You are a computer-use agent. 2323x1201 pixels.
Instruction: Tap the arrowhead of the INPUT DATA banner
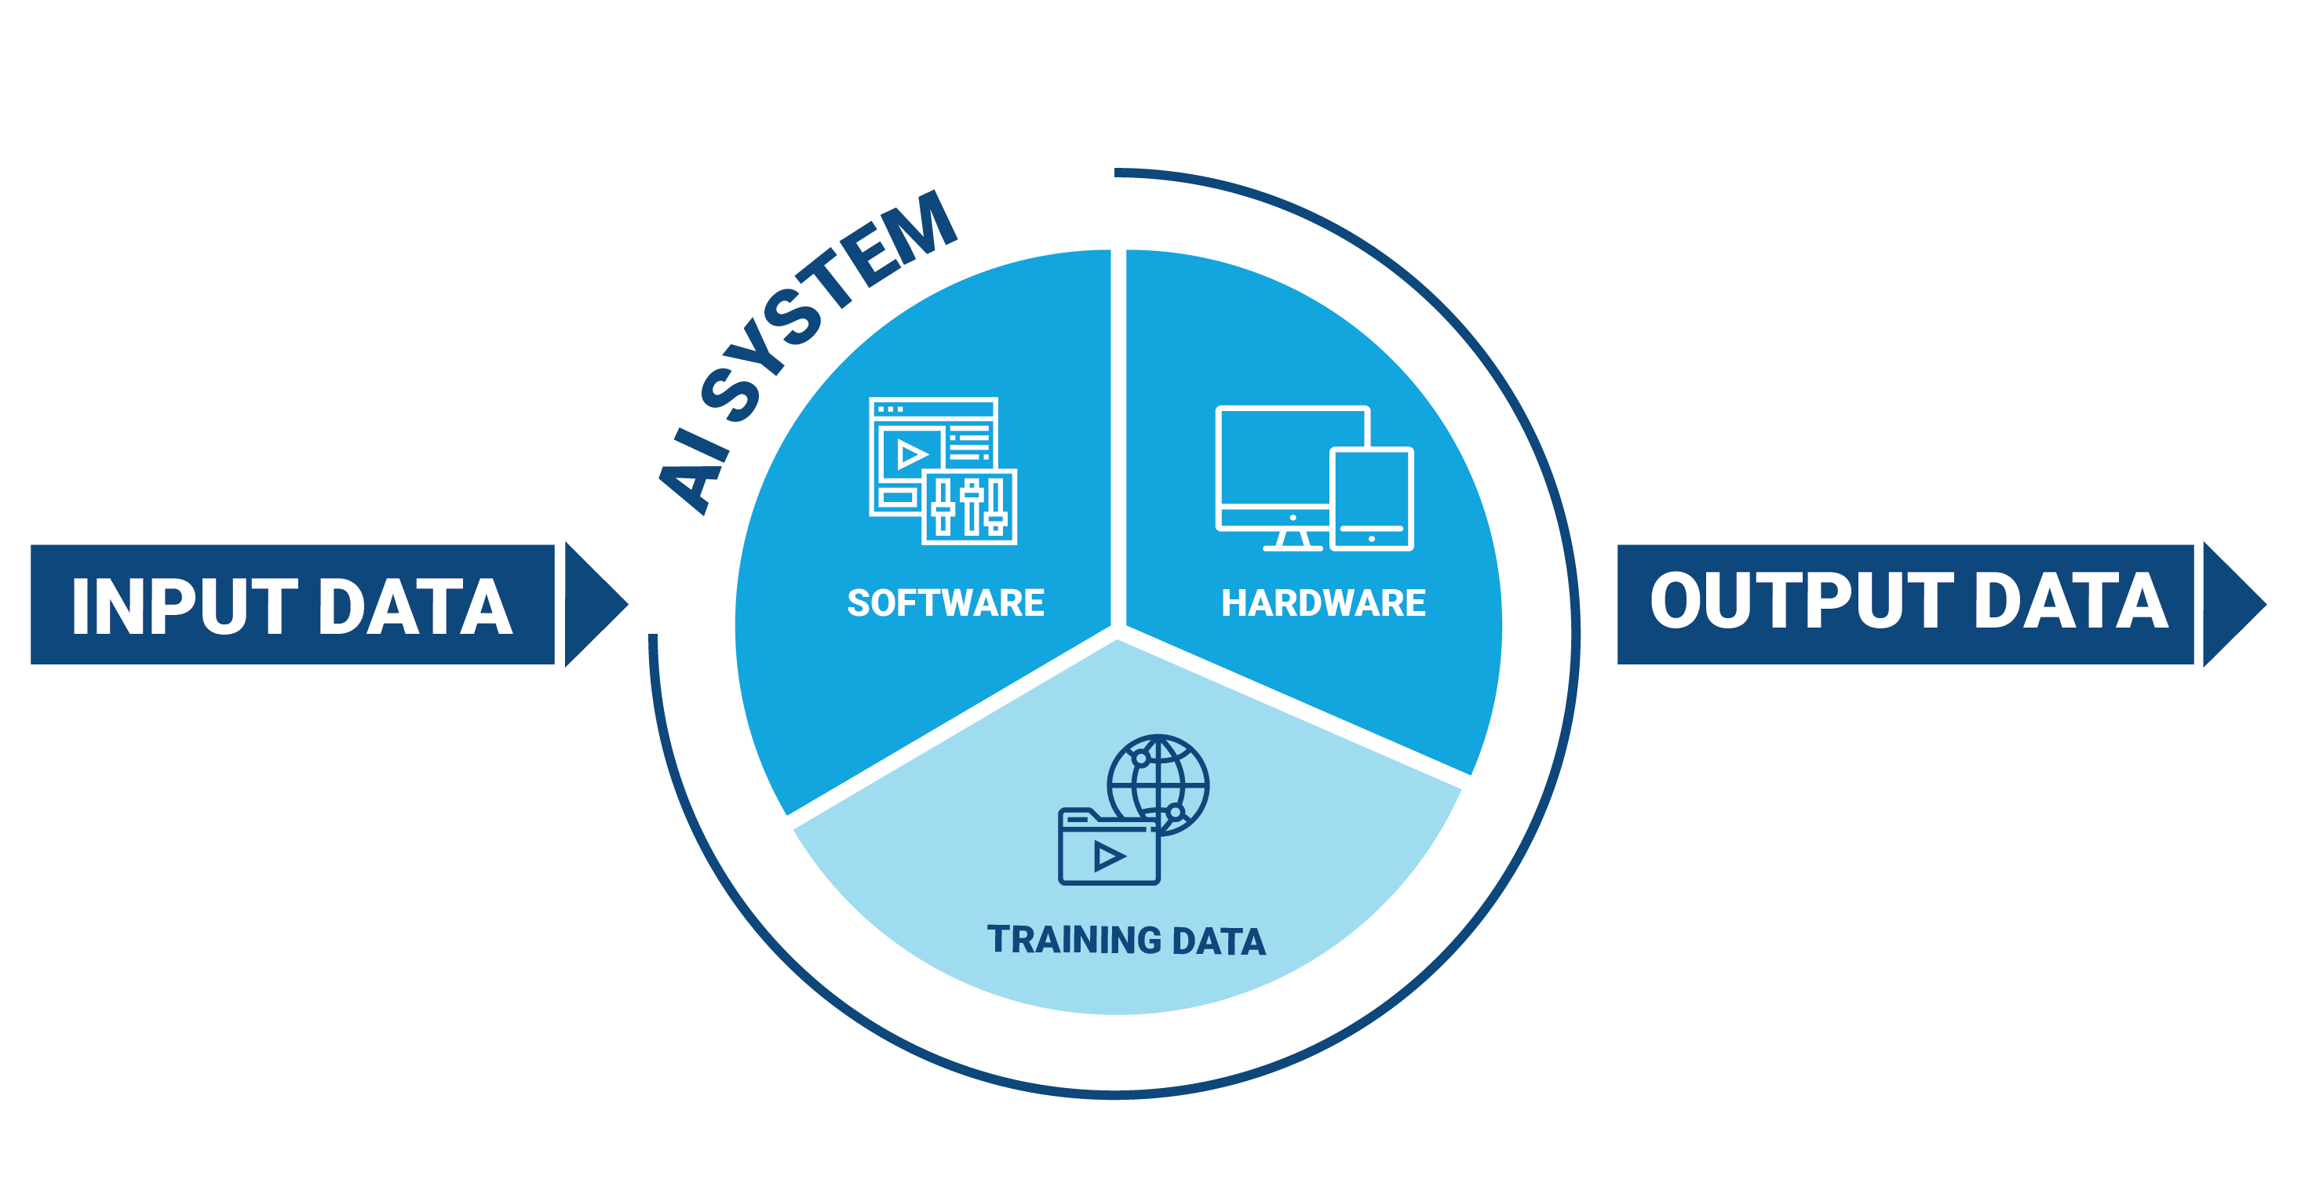(x=593, y=604)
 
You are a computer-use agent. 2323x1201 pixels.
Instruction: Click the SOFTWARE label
(x=945, y=602)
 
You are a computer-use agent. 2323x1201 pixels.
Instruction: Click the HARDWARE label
(x=1323, y=602)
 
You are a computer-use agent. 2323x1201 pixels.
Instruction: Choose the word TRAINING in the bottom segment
(x=1073, y=940)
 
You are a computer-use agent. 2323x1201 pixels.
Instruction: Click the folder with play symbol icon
(x=1108, y=852)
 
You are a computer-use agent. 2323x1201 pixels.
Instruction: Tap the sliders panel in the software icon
(x=969, y=507)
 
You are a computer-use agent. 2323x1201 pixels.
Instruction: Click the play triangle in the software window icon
(x=911, y=453)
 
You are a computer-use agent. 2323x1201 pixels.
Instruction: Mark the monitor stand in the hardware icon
(x=1293, y=539)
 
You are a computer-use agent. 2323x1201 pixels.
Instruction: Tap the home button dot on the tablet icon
(x=1372, y=538)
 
